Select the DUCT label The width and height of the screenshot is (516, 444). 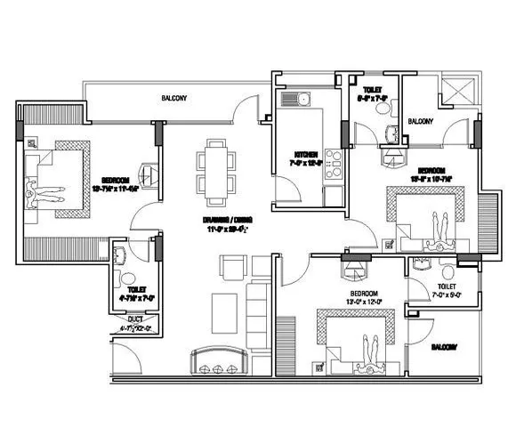click(x=135, y=318)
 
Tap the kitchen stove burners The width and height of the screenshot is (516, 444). click(x=334, y=164)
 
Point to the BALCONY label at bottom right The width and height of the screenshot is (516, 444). click(x=445, y=346)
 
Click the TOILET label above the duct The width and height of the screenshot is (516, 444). click(x=136, y=289)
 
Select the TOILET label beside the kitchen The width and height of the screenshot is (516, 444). click(x=372, y=90)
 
